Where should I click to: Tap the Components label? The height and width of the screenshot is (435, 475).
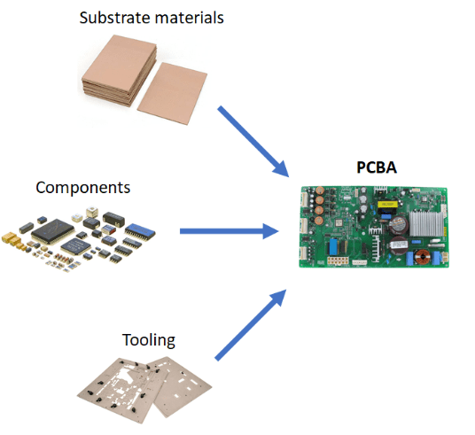tap(82, 188)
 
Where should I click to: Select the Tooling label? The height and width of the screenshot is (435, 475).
tap(149, 339)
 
